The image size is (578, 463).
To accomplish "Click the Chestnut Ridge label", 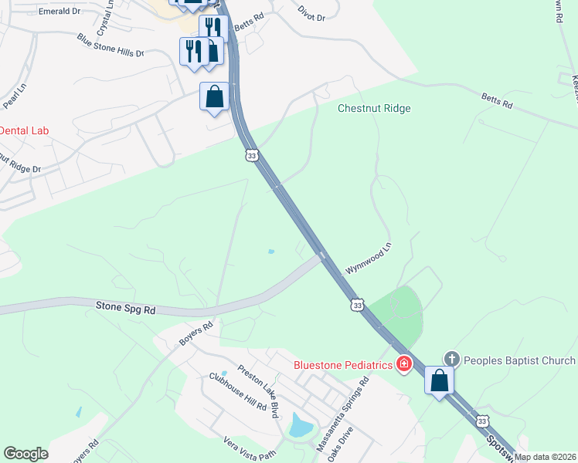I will (374, 109).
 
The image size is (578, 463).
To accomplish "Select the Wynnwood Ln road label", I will (369, 258).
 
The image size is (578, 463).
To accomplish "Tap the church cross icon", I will (452, 360).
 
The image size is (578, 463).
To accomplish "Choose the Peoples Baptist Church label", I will (520, 360).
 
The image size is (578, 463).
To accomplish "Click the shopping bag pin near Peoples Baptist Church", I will (439, 381).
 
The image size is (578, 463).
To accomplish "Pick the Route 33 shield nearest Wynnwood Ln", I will (356, 306).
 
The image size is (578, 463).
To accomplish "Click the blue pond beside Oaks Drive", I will (298, 424).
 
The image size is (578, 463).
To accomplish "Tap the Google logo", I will (26, 454).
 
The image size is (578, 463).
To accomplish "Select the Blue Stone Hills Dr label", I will (110, 46).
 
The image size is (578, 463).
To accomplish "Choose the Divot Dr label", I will (312, 11).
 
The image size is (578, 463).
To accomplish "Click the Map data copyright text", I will (546, 457).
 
